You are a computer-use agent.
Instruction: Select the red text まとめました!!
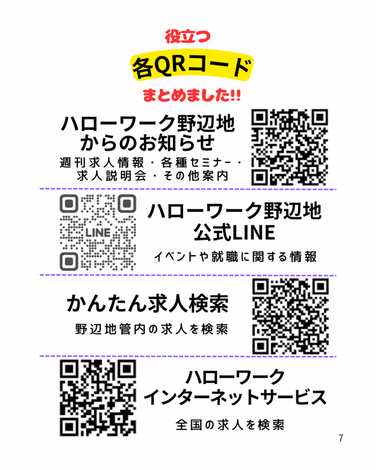pos(191,96)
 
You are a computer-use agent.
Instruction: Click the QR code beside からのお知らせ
pos(290,147)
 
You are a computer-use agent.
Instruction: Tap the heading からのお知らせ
pos(148,143)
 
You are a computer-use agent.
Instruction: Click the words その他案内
pos(200,176)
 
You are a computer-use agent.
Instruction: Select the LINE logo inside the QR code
pos(98,232)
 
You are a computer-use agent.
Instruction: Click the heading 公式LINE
pos(234,233)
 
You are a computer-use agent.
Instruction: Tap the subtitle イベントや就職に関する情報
pos(235,257)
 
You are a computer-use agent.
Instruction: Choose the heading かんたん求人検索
pos(148,304)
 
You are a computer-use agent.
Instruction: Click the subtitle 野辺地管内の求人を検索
pos(152,330)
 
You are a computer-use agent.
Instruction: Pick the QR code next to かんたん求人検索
pos(291,317)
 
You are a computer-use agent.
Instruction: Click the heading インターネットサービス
pos(235,397)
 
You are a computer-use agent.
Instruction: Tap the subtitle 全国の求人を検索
pos(230,425)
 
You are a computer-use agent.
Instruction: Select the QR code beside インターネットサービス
pos(98,398)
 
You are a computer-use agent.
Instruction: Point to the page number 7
pos(341,438)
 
